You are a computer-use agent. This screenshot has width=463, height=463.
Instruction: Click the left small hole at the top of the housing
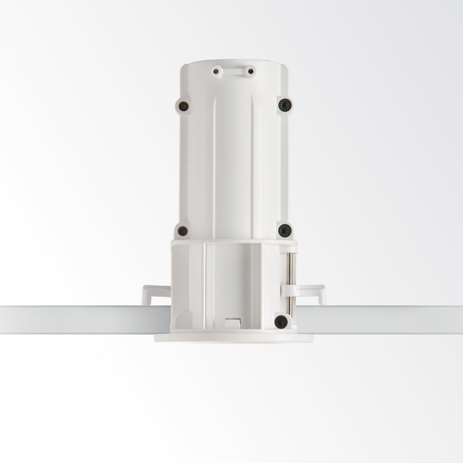pyautogui.click(x=215, y=70)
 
